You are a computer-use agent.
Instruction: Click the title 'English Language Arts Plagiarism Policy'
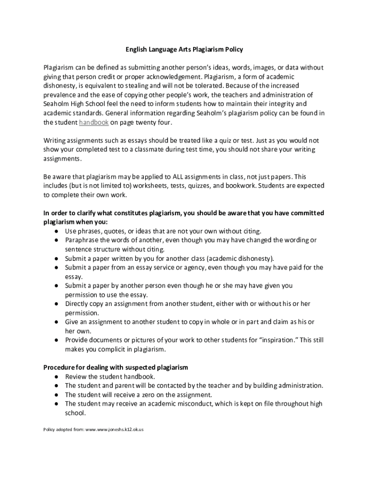click(184, 49)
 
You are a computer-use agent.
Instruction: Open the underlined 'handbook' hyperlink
click(94, 122)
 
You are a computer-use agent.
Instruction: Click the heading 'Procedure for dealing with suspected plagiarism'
click(115, 367)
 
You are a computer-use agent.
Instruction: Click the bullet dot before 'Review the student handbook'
click(57, 377)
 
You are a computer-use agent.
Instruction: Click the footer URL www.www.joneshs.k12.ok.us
click(114, 430)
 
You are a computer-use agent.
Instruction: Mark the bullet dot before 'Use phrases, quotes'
click(57, 231)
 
